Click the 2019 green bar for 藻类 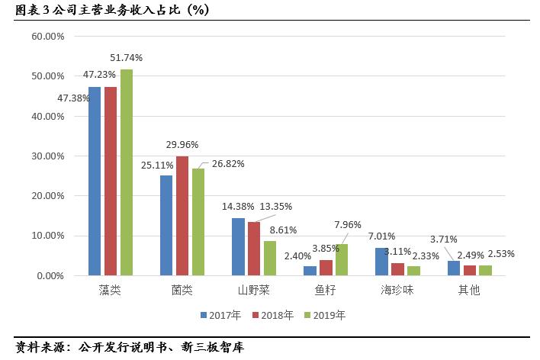126,172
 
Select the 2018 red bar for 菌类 182,216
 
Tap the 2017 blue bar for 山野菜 238,246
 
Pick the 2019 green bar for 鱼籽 341,259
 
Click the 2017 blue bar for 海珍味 381,261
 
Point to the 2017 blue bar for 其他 453,268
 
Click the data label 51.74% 126,57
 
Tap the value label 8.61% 282,229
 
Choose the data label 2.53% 500,253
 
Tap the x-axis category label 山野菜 254,291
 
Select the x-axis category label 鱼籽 325,291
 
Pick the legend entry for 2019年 324,314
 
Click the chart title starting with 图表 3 107,9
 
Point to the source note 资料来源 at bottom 129,347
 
